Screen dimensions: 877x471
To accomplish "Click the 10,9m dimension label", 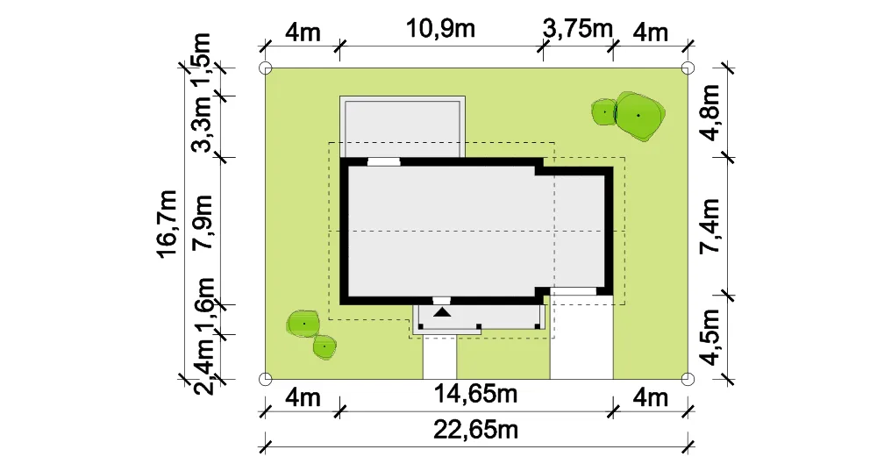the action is pyautogui.click(x=440, y=29).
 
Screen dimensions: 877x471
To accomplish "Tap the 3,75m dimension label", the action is pyautogui.click(x=578, y=29).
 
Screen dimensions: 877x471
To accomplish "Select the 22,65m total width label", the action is pyautogui.click(x=475, y=430).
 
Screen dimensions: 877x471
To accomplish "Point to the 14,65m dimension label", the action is pyautogui.click(x=475, y=395).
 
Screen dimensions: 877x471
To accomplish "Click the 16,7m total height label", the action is pyautogui.click(x=167, y=224).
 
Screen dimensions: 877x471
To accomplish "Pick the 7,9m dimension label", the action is pyautogui.click(x=202, y=222).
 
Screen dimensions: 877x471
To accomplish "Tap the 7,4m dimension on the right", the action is pyautogui.click(x=709, y=226).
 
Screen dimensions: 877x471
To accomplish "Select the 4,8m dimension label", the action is pyautogui.click(x=709, y=112).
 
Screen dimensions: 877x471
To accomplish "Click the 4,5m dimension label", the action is pyautogui.click(x=709, y=338).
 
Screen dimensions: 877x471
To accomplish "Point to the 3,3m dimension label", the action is pyautogui.click(x=202, y=125).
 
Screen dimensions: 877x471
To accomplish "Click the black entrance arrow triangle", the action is pyautogui.click(x=442, y=311).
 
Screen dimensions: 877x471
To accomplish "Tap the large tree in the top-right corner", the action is pyautogui.click(x=639, y=117).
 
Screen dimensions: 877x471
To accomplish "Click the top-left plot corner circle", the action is pyautogui.click(x=266, y=68).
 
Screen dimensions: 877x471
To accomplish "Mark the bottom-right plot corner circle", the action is pyautogui.click(x=688, y=379).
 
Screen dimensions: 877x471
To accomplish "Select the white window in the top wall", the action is pyautogui.click(x=384, y=162).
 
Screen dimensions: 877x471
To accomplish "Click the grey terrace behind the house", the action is pyautogui.click(x=403, y=127).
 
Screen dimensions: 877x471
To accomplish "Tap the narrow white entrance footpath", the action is pyautogui.click(x=439, y=357).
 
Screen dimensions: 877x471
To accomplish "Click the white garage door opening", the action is pyautogui.click(x=574, y=291).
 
